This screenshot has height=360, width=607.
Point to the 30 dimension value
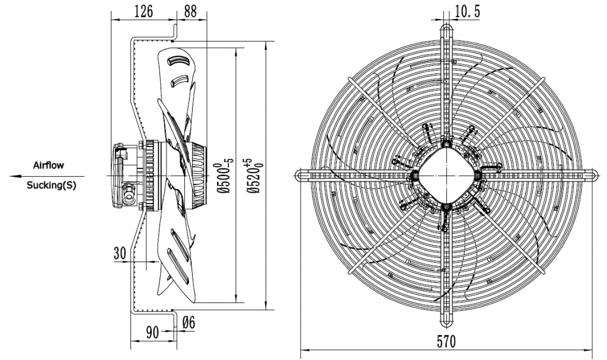pos(120,253)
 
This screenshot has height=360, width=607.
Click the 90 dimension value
pos(152,333)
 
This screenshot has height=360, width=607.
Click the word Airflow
pos(48,165)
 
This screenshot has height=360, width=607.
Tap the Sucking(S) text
pos(52,185)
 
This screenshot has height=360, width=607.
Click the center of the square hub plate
pos(446,175)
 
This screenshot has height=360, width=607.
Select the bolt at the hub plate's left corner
pos(414,175)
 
